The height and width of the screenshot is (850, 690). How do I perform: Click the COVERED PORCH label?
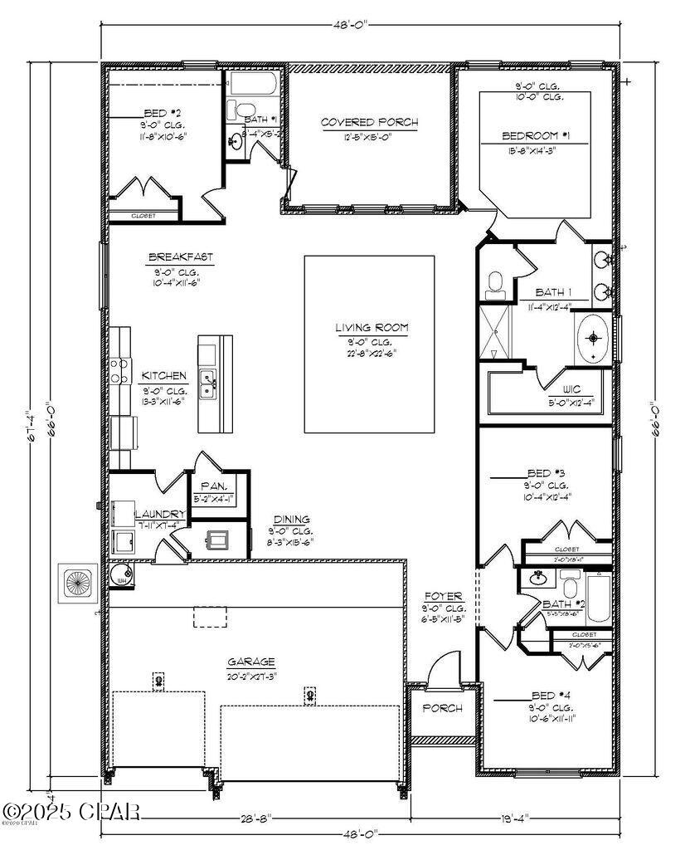point(369,123)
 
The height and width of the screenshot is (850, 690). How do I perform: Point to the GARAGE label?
point(251,662)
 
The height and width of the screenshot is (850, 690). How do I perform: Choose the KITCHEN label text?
point(163,376)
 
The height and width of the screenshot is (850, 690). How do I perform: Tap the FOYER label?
point(443,596)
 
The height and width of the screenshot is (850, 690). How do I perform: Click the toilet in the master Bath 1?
point(495,284)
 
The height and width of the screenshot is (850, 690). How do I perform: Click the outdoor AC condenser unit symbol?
point(79,584)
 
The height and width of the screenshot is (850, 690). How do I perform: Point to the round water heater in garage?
point(122,574)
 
